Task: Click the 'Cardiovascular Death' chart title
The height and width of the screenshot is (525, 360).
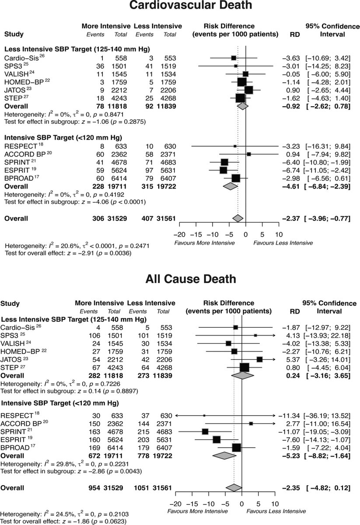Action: pyautogui.click(x=180, y=6)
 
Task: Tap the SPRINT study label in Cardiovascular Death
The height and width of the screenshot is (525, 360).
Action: pyautogui.click(x=16, y=162)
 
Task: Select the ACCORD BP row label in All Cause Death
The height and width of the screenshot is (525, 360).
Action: pyautogui.click(x=20, y=423)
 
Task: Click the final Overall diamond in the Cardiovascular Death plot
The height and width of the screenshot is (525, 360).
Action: pyautogui.click(x=238, y=218)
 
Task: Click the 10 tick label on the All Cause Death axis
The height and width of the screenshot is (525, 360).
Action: pyautogui.click(x=275, y=503)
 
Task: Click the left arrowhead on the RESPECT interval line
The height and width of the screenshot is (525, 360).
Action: pyautogui.click(x=176, y=415)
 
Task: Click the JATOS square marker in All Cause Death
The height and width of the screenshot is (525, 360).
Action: pyautogui.click(x=259, y=359)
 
